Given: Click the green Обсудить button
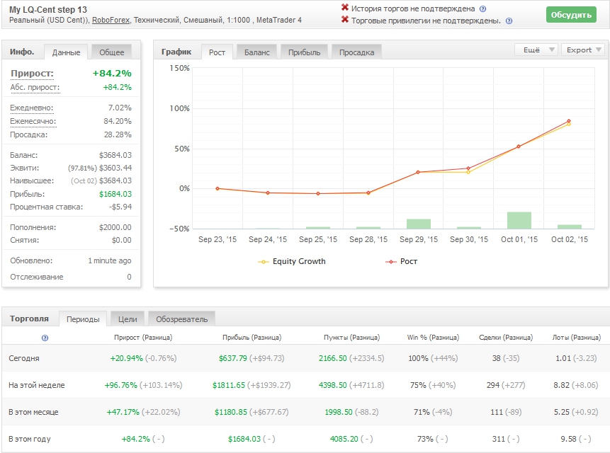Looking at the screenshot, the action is tap(571, 15).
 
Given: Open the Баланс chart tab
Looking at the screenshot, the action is tap(256, 52).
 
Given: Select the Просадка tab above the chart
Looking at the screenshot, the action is tap(357, 52).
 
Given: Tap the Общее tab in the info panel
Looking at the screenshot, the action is tap(112, 52).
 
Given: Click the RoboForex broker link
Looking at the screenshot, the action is tap(111, 20).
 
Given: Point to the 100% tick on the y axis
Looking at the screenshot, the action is tap(179, 108).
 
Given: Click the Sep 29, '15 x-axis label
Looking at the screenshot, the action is tap(419, 239).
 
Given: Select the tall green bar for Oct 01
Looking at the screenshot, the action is tap(519, 220).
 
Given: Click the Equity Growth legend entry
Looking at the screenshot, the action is tap(292, 261).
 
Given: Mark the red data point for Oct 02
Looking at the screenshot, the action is tap(569, 121).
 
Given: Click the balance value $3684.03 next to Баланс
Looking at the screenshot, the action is tap(115, 155).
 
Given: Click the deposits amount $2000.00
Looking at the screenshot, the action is tap(115, 227).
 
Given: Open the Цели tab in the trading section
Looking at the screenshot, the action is tap(128, 319).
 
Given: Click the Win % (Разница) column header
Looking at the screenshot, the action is tap(433, 337).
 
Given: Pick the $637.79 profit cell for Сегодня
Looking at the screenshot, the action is tap(232, 358).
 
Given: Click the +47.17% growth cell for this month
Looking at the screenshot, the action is tap(123, 412).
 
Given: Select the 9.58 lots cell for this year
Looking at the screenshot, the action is tap(568, 439).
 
